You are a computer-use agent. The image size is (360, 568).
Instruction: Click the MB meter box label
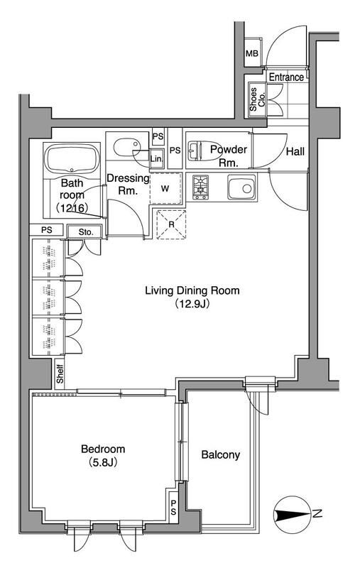click(x=252, y=54)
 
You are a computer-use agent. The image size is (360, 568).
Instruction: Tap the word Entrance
click(x=286, y=77)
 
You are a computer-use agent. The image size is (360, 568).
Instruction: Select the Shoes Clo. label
click(x=258, y=99)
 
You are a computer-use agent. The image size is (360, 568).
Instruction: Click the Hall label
click(x=295, y=151)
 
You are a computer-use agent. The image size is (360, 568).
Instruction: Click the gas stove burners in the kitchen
click(x=200, y=187)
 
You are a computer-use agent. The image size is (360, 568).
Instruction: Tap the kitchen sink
click(x=241, y=187)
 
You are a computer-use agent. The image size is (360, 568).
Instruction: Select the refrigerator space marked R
click(x=171, y=224)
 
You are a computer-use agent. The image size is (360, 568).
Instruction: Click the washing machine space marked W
click(x=165, y=188)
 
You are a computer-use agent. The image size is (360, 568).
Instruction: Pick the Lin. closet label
click(x=156, y=158)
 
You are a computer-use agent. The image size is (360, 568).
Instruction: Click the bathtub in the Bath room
click(x=72, y=160)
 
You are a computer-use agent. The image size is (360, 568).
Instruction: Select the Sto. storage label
click(x=86, y=232)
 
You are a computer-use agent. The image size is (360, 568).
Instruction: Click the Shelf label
click(x=60, y=374)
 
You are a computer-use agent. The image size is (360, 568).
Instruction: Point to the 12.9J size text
click(x=192, y=303)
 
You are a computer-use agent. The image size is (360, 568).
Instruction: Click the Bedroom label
click(x=103, y=449)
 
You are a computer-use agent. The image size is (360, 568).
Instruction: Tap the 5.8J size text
click(x=103, y=462)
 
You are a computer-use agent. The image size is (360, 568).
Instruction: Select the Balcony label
click(x=221, y=455)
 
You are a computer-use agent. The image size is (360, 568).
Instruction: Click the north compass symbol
click(x=293, y=514)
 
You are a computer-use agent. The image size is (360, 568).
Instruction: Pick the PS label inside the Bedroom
click(x=173, y=508)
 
